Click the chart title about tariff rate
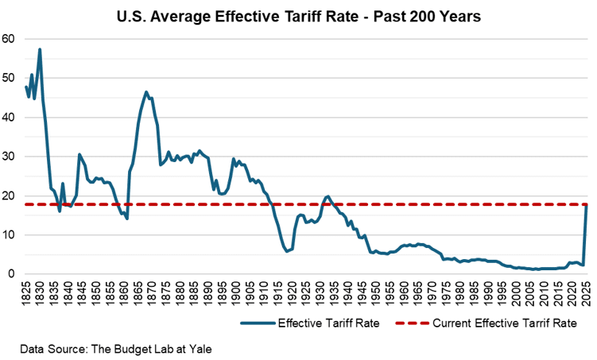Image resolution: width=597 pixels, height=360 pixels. [x=298, y=15]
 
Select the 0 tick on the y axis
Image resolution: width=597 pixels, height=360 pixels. [x=11, y=274]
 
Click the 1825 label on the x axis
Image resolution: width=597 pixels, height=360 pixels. [x=28, y=294]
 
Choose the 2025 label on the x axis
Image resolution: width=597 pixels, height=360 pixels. [x=586, y=294]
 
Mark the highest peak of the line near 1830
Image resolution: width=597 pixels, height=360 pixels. [x=40, y=49]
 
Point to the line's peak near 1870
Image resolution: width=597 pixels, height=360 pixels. [x=146, y=92]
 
